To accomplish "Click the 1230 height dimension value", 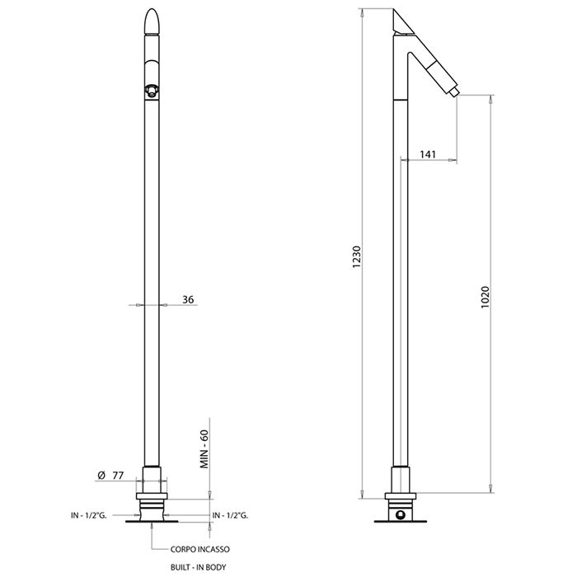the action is coord(357,256).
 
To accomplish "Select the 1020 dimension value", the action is coord(486,297).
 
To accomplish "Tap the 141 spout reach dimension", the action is coord(428,154).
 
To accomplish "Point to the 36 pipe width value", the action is coord(188,299).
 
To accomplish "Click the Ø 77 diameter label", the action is coord(110,476).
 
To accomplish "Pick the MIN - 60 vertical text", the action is coord(204,449).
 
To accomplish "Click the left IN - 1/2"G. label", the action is coord(89,515).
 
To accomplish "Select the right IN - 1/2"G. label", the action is coord(230,515).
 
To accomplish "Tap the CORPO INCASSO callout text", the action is coord(200,550).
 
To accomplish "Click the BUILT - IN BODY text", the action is coord(199,567).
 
